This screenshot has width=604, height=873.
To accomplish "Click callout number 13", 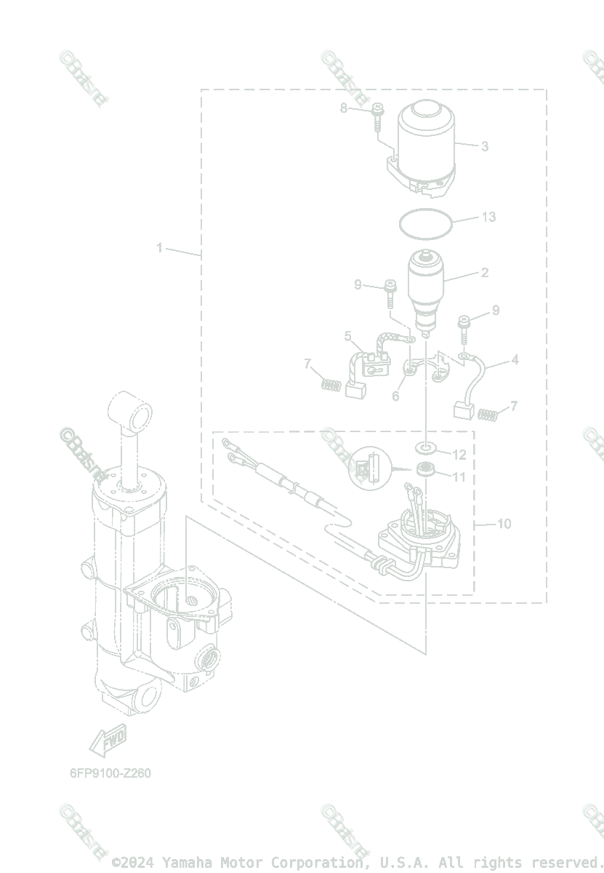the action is coord(488,217).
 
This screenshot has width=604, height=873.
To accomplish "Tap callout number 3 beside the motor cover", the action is coord(485,146).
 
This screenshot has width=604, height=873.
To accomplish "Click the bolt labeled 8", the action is coord(377,116).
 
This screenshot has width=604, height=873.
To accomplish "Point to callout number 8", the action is coord(345,108).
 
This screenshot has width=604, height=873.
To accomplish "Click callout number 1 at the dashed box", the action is coord(160,248).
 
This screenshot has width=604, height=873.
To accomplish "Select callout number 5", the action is coord(348,336).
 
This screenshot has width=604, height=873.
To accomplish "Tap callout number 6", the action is coord(396,396).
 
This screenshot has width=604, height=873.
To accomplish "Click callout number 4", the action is coord(515,359).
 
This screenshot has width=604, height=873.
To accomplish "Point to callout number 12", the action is coord(459,455).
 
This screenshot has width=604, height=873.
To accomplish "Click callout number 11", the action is coord(459,477).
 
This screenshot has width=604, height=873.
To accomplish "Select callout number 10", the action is coord(504,524).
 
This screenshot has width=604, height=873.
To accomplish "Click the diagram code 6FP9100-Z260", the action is coord(110,773).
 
